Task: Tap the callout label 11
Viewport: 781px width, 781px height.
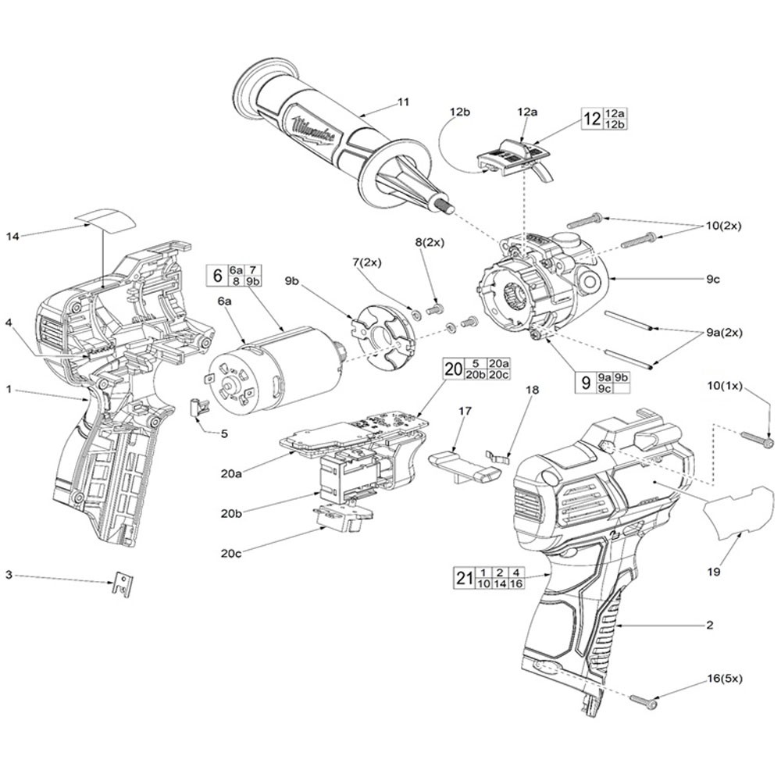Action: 404,102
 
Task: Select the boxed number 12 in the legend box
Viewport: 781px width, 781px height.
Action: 591,119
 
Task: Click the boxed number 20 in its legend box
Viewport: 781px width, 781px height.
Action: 453,369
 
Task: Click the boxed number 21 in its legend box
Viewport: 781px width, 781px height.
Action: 464,578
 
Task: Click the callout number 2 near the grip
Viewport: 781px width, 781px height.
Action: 708,625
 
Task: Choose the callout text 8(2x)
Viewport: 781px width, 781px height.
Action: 432,244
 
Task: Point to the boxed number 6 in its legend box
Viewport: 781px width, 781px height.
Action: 216,275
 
